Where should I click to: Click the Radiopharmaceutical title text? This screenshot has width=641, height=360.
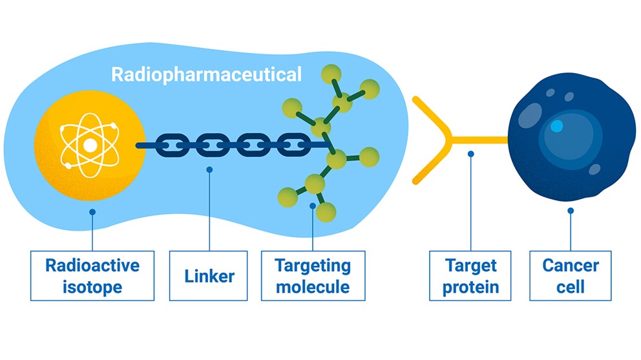pyautogui.click(x=206, y=75)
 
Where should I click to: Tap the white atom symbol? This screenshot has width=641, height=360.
pyautogui.click(x=90, y=145)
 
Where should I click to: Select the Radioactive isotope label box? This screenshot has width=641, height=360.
pyautogui.click(x=92, y=276)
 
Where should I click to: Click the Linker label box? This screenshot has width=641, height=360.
pyautogui.click(x=209, y=276)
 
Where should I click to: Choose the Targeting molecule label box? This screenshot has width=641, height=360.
pyautogui.click(x=313, y=276)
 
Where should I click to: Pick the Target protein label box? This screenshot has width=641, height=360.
pyautogui.click(x=470, y=276)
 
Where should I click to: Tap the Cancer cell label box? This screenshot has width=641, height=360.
pyautogui.click(x=571, y=276)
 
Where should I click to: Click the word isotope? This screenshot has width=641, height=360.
pyautogui.click(x=92, y=287)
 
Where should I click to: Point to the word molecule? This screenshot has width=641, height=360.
pyautogui.click(x=313, y=287)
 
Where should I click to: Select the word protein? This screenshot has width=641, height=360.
pyautogui.click(x=470, y=288)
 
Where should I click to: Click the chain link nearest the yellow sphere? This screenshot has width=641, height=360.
pyautogui.click(x=173, y=145)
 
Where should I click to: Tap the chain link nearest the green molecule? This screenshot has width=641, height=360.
pyautogui.click(x=293, y=145)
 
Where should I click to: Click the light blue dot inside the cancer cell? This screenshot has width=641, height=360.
pyautogui.click(x=556, y=125)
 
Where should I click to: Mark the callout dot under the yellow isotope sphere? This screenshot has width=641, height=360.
pyautogui.click(x=92, y=212)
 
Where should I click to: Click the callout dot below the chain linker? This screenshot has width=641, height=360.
pyautogui.click(x=209, y=169)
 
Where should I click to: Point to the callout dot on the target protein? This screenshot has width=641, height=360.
pyautogui.click(x=471, y=154)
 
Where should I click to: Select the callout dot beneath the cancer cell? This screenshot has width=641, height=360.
pyautogui.click(x=571, y=211)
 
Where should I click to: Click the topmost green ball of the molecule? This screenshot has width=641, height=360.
pyautogui.click(x=331, y=74)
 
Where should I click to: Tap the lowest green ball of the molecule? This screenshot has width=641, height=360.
pyautogui.click(x=326, y=213)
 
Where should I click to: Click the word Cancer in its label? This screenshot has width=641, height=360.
pyautogui.click(x=571, y=266)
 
